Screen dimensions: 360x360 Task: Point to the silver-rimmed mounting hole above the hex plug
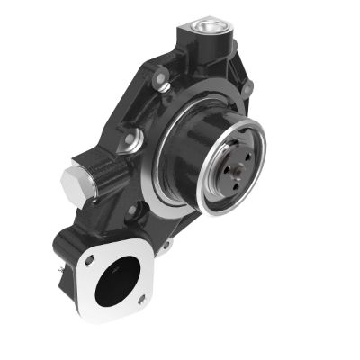pos(133,140)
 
